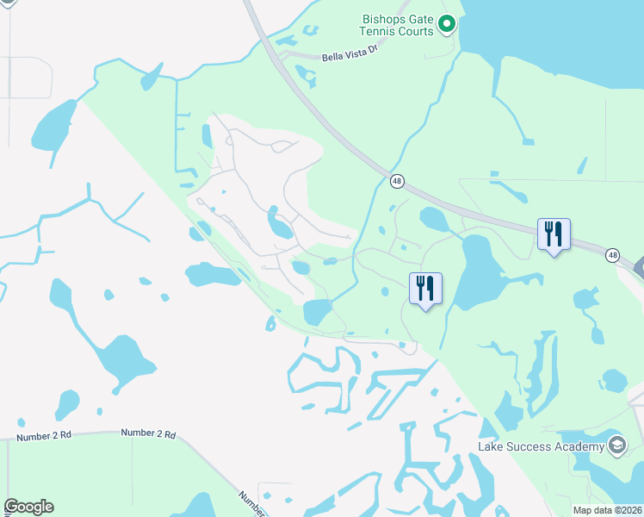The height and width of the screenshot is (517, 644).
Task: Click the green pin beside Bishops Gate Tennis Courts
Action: pyautogui.click(x=446, y=24)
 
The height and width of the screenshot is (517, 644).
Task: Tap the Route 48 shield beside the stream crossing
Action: pyautogui.click(x=397, y=181)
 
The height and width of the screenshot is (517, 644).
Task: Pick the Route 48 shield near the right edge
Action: pyautogui.click(x=612, y=255)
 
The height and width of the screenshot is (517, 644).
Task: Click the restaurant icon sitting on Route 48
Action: pyautogui.click(x=554, y=234)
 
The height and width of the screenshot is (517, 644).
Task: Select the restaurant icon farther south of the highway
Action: pyautogui.click(x=425, y=288)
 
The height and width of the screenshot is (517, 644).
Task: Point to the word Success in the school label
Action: pyautogui.click(x=529, y=445)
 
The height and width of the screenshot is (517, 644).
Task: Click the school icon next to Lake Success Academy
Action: pyautogui.click(x=616, y=445)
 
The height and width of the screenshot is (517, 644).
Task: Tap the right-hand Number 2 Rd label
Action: pyautogui.click(x=148, y=433)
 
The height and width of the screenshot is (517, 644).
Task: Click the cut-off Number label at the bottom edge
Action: pyautogui.click(x=252, y=501)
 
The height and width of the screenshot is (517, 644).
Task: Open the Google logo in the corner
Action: pyautogui.click(x=28, y=507)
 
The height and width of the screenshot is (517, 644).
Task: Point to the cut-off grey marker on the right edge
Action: pyautogui.click(x=639, y=268)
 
